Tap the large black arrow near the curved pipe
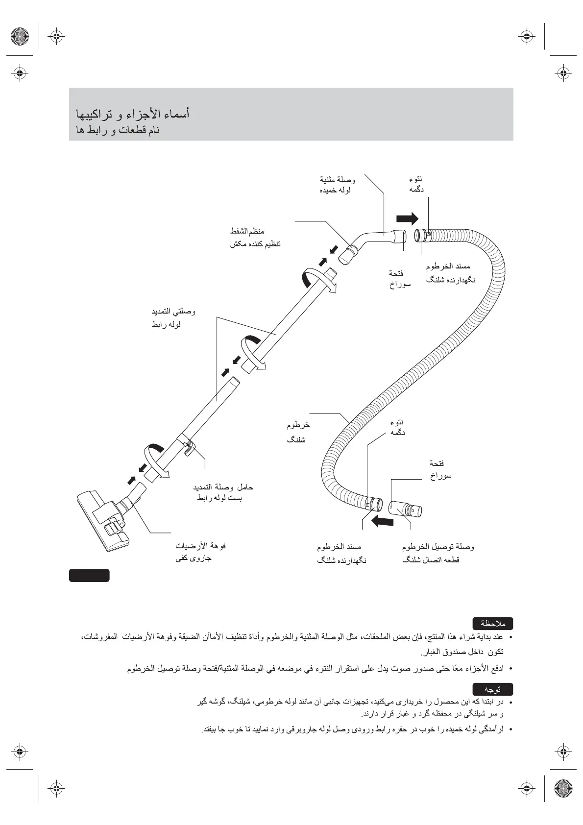click(x=407, y=218)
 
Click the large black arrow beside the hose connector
click(x=383, y=521)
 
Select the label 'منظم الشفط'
click(x=247, y=231)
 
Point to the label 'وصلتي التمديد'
click(x=173, y=312)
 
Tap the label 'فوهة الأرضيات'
click(x=200, y=546)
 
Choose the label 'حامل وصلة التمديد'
click(x=223, y=487)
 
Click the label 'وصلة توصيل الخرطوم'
click(x=438, y=546)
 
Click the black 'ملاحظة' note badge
click(x=492, y=624)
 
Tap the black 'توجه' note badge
click(x=492, y=689)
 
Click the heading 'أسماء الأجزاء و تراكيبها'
click(x=133, y=114)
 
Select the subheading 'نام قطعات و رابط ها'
click(x=118, y=131)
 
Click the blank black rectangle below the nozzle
click(x=89, y=575)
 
